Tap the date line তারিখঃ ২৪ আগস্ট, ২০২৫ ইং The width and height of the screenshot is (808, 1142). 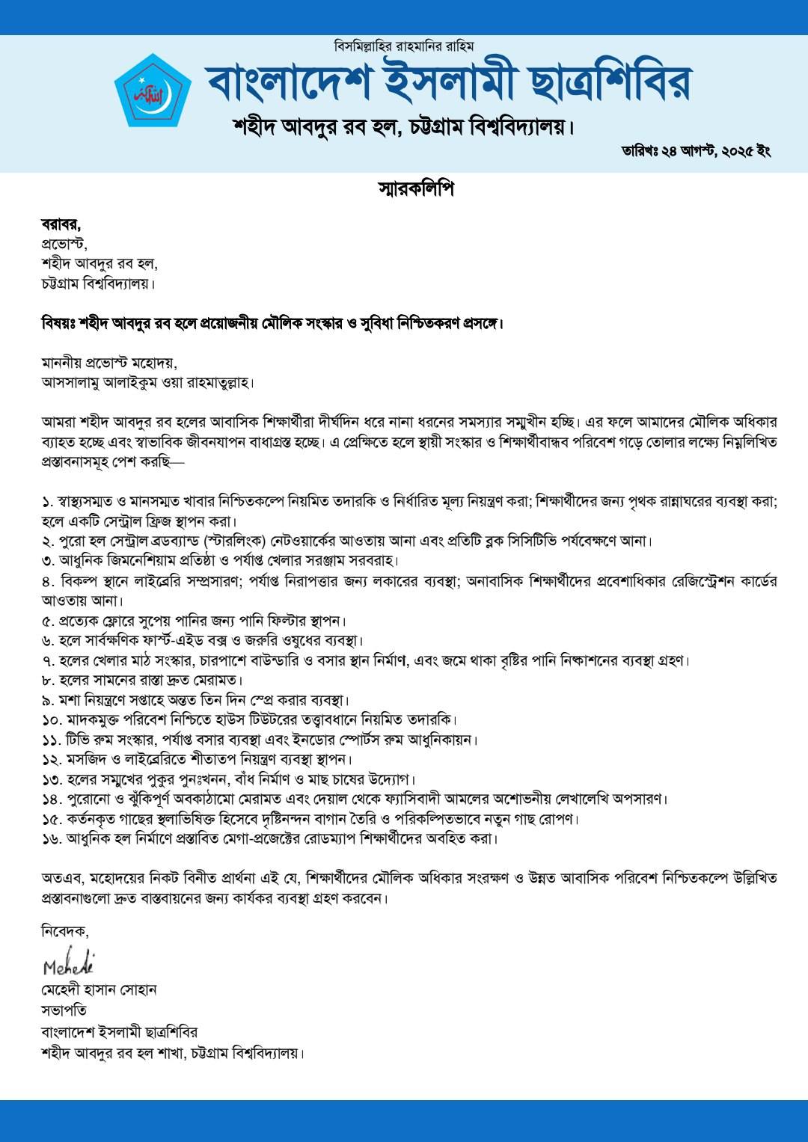pos(696,151)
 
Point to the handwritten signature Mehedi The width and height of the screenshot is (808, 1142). pos(68,965)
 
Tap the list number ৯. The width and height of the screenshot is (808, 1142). pos(48,701)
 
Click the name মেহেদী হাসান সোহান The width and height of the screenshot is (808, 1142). pos(99,990)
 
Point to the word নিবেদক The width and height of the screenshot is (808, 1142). pos(64,932)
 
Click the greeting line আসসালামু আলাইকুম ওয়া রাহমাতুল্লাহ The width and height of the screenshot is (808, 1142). pos(147,383)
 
